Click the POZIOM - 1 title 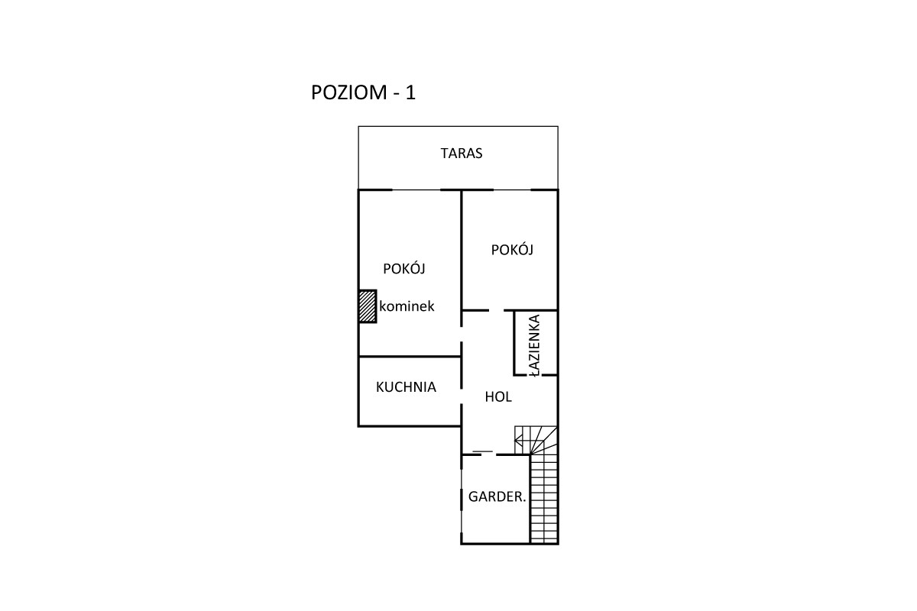[363, 92]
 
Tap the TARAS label [462, 153]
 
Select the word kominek [407, 306]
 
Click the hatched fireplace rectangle [368, 306]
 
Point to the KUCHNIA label [406, 387]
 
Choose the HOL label [498, 397]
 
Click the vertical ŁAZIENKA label [534, 345]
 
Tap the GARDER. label [497, 497]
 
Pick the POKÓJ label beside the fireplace [404, 269]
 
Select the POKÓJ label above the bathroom [512, 250]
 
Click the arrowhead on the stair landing [518, 441]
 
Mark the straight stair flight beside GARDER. [544, 499]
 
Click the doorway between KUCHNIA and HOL [462, 396]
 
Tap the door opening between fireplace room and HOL [462, 334]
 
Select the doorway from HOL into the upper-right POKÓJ [496, 311]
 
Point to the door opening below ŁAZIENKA [534, 375]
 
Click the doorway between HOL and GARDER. [489, 454]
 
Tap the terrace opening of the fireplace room [416, 190]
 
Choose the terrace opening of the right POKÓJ [512, 190]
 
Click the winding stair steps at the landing [536, 441]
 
